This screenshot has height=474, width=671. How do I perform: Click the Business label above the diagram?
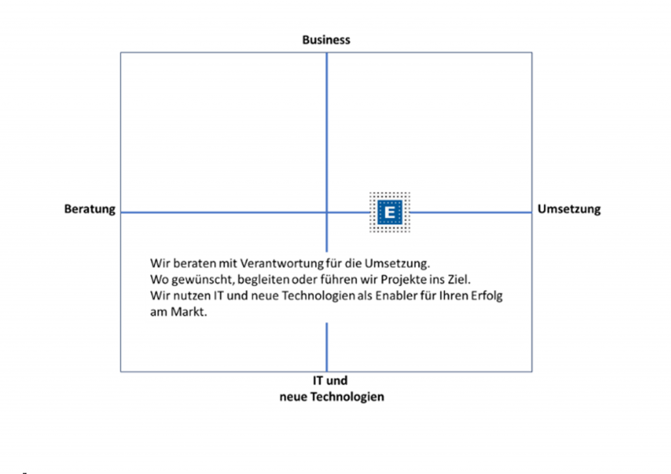tap(326, 40)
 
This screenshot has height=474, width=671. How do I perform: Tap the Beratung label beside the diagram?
tap(90, 210)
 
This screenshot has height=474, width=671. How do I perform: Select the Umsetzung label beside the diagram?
tap(569, 210)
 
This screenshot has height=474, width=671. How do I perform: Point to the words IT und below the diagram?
tap(330, 380)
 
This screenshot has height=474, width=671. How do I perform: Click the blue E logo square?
tap(390, 212)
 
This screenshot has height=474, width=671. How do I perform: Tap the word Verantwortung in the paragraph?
tap(282, 264)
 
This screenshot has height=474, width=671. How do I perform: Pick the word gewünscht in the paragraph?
tap(198, 280)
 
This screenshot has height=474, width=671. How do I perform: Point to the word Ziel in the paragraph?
tap(457, 280)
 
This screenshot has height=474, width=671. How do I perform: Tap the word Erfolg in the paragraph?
tap(488, 296)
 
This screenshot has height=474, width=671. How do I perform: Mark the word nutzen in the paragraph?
tap(190, 296)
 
